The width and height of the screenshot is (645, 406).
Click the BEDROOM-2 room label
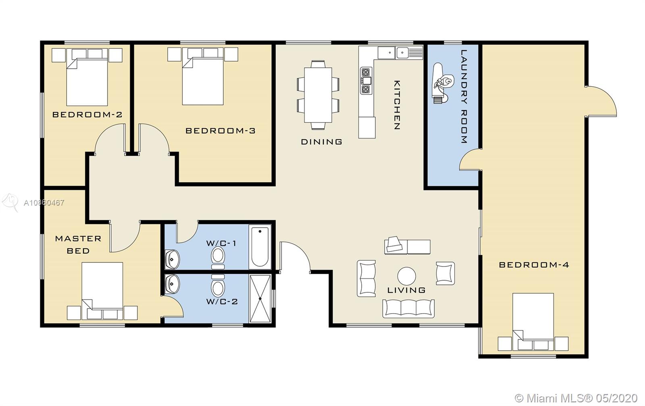[87, 115]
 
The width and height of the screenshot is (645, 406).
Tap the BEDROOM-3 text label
[220, 131]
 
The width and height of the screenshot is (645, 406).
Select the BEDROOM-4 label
[534, 265]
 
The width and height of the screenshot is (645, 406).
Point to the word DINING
[321, 142]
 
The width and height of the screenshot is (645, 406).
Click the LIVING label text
[406, 290]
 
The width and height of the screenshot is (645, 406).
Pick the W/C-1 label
[221, 243]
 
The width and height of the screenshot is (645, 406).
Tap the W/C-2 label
[222, 302]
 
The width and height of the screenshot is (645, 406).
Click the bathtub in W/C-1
[260, 247]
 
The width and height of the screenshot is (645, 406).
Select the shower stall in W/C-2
[260, 299]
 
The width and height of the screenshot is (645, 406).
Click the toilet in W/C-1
[218, 258]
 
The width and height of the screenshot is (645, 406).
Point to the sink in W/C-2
[172, 284]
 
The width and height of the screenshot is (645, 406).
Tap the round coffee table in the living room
[407, 276]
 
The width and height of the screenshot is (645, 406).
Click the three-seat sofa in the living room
[408, 308]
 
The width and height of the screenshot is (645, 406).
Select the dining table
[318, 95]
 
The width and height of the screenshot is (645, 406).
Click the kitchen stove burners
[366, 81]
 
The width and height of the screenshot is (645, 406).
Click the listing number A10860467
[44, 203]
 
